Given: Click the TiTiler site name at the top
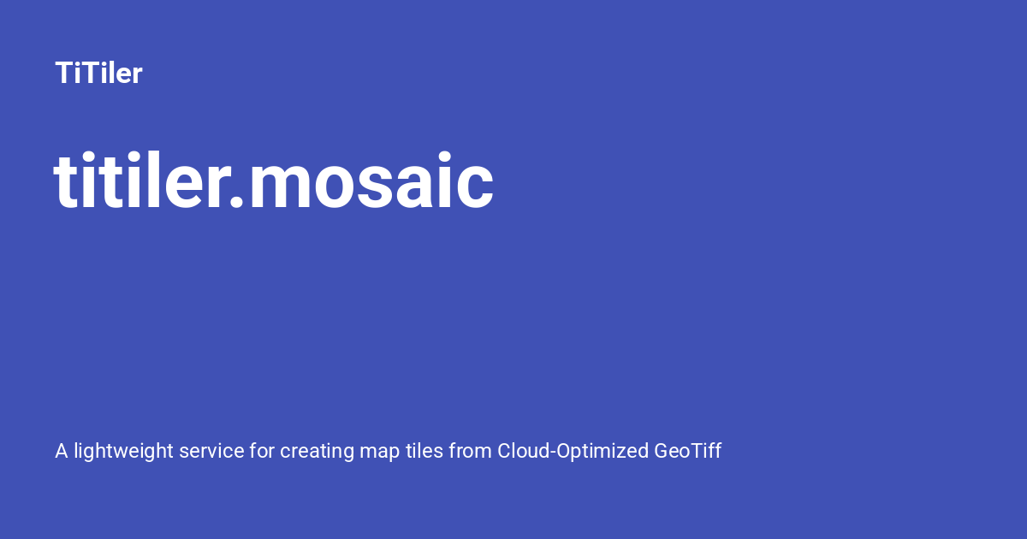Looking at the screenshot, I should [x=98, y=74].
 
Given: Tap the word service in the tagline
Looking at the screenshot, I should [x=211, y=451].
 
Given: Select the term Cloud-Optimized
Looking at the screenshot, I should [x=573, y=451].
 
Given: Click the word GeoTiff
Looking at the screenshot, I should [x=688, y=451].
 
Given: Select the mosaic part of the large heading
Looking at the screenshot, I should [x=371, y=183].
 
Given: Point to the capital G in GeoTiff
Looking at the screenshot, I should [x=663, y=451].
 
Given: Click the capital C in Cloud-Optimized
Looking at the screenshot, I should [x=505, y=451].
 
